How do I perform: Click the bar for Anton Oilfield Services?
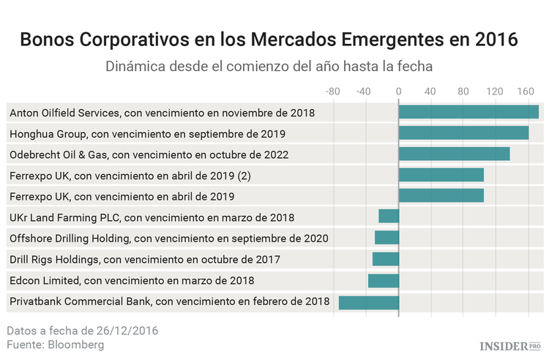click(x=468, y=112)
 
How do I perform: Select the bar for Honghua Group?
click(x=463, y=133)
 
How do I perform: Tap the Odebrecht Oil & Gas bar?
click(x=454, y=154)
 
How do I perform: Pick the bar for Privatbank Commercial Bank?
click(x=369, y=301)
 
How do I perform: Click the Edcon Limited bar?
click(x=384, y=280)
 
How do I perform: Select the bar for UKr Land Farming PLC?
click(x=389, y=217)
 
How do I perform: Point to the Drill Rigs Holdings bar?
click(x=386, y=259)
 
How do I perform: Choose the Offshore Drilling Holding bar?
click(x=386, y=238)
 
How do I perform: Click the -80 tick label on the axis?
click(x=332, y=91)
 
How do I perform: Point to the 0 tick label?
click(x=398, y=91)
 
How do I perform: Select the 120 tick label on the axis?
click(x=496, y=91)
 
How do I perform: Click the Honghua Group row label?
click(x=147, y=134)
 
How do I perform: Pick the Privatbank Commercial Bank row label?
click(x=169, y=301)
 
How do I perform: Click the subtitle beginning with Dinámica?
click(x=269, y=66)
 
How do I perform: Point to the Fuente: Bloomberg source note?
click(x=56, y=345)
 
